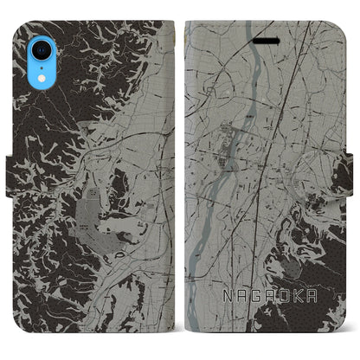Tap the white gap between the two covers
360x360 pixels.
(180, 173)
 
